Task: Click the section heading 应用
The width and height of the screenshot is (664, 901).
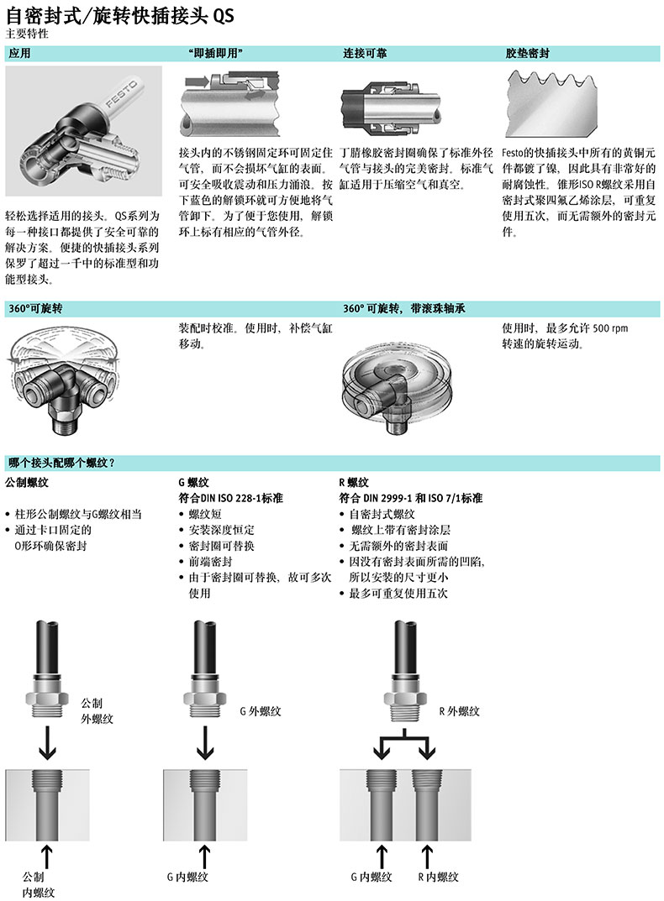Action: (19, 54)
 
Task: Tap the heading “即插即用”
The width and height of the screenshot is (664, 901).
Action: (215, 54)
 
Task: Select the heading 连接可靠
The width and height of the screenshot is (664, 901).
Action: (365, 54)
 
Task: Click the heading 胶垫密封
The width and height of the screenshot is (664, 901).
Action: (527, 54)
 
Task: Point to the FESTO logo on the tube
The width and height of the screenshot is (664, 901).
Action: (121, 95)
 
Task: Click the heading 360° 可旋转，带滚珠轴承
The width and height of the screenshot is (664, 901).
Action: (404, 308)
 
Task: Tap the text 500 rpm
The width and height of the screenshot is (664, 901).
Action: (610, 328)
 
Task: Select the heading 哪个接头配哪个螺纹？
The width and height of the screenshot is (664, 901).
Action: (61, 463)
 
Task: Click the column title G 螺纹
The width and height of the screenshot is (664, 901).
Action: (193, 483)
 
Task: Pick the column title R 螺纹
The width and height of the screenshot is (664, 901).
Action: (354, 483)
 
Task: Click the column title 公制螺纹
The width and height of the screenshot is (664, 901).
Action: (27, 483)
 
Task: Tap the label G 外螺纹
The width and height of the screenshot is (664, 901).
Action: (260, 711)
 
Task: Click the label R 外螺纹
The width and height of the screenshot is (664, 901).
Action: (459, 711)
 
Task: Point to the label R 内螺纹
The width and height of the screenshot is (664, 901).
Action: (438, 877)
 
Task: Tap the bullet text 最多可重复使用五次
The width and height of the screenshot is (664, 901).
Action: (398, 593)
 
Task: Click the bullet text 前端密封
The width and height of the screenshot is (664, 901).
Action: (210, 562)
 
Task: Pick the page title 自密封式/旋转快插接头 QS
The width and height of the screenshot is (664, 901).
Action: (120, 15)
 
